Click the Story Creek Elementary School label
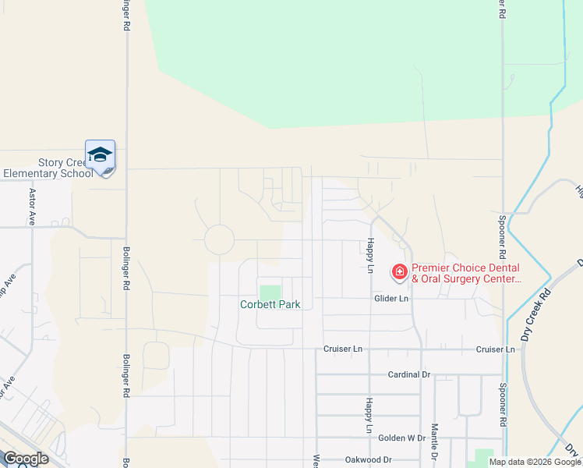(48, 168)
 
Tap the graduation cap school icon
(100, 155)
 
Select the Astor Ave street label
(33, 207)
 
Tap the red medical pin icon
(400, 271)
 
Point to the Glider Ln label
(392, 298)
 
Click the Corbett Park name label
(270, 304)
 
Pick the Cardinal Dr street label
(409, 374)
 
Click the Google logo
(25, 458)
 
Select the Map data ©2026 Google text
(535, 462)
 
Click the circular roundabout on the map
(219, 239)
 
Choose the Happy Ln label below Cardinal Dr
(369, 415)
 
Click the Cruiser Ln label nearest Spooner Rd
(495, 349)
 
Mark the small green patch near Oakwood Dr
(484, 455)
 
